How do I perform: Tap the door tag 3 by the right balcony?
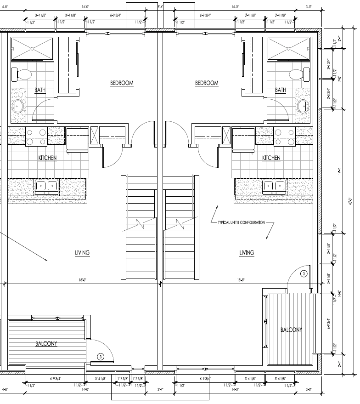303,274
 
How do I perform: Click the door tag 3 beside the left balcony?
100,356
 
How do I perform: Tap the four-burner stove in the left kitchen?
36,137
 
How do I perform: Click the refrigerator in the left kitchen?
77,139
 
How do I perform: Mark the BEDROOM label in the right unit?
207,83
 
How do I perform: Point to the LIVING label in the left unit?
82,253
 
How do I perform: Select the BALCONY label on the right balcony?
291,330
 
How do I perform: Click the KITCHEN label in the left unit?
47,158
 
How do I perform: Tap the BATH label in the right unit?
281,90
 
